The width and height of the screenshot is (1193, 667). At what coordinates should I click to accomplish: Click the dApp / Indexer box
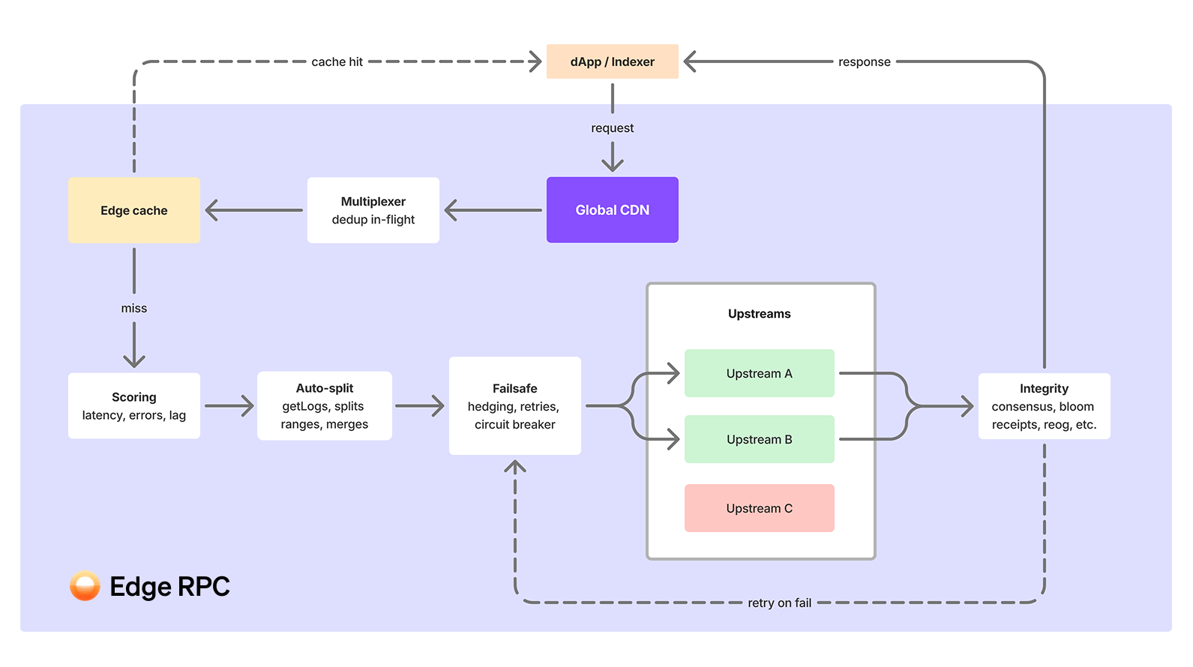pos(612,61)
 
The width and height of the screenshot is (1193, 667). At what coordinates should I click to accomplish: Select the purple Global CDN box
pos(612,210)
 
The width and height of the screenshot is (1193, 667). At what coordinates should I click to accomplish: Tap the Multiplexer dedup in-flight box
pos(373,210)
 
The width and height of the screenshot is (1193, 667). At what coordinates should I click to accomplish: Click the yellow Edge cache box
pos(133,210)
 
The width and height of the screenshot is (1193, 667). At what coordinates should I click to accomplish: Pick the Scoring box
pos(133,405)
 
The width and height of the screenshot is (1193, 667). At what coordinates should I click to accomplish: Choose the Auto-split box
pos(324,405)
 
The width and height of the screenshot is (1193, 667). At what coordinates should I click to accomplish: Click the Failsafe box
pos(514,405)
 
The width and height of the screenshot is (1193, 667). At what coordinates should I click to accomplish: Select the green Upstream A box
pos(759,373)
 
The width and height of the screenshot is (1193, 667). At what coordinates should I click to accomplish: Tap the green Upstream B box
pos(759,439)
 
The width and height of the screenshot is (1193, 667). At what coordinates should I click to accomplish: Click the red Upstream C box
pos(759,508)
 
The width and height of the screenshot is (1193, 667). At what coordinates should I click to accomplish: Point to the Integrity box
pos(1044,405)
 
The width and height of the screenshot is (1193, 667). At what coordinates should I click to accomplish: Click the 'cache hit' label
pos(337,61)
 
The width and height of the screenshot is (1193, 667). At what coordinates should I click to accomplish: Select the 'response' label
pos(864,61)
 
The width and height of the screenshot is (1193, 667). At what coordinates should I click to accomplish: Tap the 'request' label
pos(612,128)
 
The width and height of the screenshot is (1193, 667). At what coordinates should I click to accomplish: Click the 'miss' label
pos(133,308)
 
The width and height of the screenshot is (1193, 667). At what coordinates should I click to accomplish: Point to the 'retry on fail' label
pos(779,603)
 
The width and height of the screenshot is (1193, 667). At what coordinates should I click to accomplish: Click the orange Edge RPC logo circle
pos(85,586)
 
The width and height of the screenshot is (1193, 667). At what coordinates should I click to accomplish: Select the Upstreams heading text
pos(759,313)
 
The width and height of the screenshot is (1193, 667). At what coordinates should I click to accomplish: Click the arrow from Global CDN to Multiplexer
pos(493,210)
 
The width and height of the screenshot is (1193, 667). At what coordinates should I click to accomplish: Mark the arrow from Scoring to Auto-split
pos(229,405)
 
